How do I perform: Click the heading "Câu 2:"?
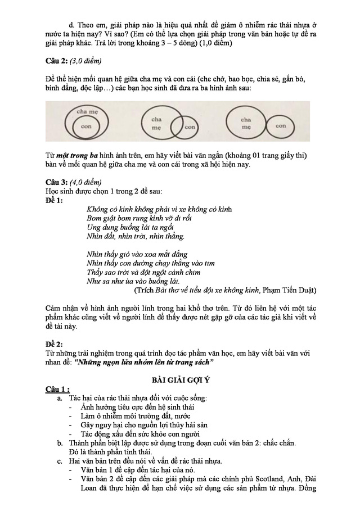(x=58, y=61)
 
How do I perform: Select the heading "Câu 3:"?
(x=58, y=182)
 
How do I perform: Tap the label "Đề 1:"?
(x=55, y=200)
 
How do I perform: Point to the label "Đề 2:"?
(x=55, y=343)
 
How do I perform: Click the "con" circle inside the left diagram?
(x=86, y=127)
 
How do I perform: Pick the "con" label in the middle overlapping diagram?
(x=190, y=127)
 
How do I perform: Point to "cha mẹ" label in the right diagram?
(x=246, y=123)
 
